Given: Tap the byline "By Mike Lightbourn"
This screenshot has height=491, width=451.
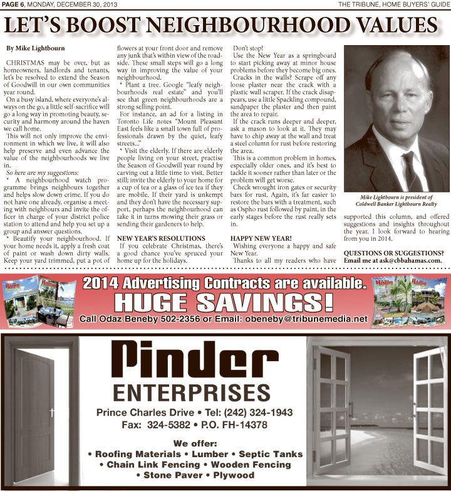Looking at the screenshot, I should [x=35, y=48].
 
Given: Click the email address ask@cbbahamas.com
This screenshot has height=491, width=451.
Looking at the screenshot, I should [x=406, y=260].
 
